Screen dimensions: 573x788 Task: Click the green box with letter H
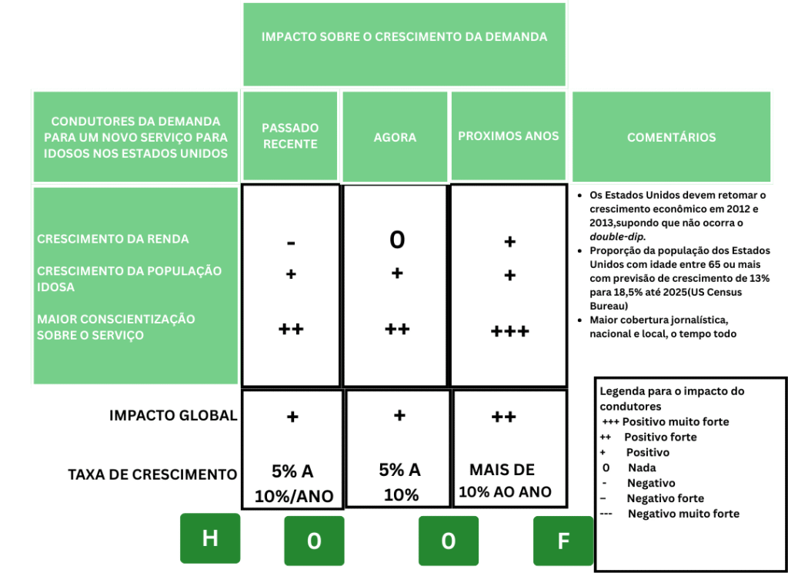pos(209,538)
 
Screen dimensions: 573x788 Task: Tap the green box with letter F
pos(563,541)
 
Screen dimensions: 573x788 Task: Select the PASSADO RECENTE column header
pos(290,136)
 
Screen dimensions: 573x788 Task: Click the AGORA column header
pos(395,137)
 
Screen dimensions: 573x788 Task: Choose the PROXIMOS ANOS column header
pos(509,136)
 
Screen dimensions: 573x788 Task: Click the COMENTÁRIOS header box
pos(671,137)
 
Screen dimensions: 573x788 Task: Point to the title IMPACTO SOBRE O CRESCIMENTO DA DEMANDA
pos(404,37)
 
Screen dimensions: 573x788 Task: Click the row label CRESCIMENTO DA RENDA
pos(113,239)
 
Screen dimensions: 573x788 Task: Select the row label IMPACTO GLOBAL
pos(173,416)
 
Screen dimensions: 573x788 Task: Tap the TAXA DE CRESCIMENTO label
pos(152,474)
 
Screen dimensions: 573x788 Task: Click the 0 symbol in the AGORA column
pos(396,240)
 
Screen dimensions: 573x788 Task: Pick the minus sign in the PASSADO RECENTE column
pos(291,243)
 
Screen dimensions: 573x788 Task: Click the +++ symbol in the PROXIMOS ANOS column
pos(509,332)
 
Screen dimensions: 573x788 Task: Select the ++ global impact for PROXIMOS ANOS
pos(503,417)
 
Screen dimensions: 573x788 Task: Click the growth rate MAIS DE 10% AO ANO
pos(505,481)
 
